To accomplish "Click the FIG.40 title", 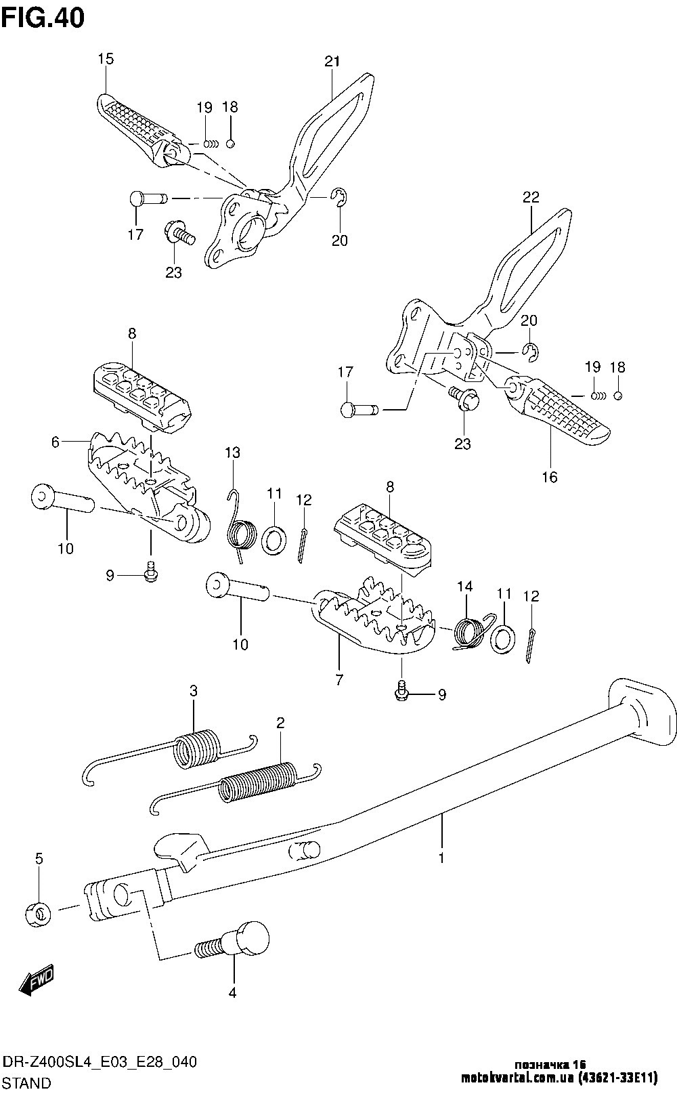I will tap(43, 18).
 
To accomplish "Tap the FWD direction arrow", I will tap(39, 980).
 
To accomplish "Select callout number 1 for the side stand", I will tap(441, 858).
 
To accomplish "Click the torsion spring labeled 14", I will tap(469, 631).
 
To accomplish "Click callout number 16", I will tap(550, 477).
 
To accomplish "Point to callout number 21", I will tap(331, 62).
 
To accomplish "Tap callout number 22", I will tap(531, 197).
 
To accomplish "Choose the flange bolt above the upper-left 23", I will tap(178, 234).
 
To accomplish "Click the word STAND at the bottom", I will tap(28, 1082).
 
